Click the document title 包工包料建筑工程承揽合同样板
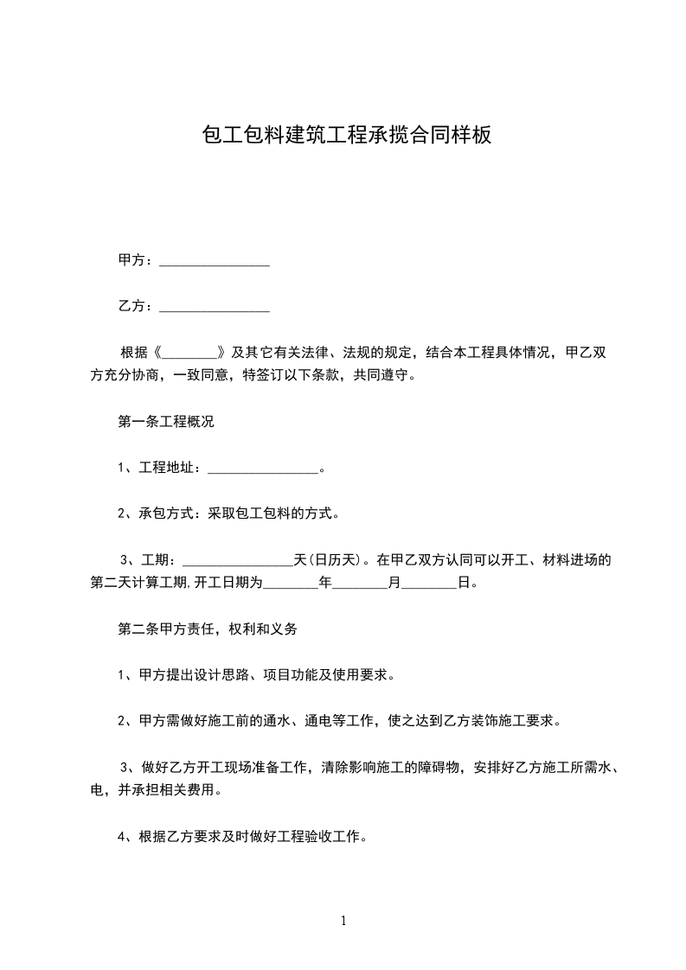[346, 135]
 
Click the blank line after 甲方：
[215, 260]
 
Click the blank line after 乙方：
[215, 306]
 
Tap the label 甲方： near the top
[137, 260]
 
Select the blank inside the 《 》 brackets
[189, 353]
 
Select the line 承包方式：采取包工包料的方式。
[228, 514]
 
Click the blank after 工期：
[239, 560]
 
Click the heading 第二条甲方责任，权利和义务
[208, 629]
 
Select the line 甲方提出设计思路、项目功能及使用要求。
[257, 675]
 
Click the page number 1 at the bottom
[343, 922]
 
